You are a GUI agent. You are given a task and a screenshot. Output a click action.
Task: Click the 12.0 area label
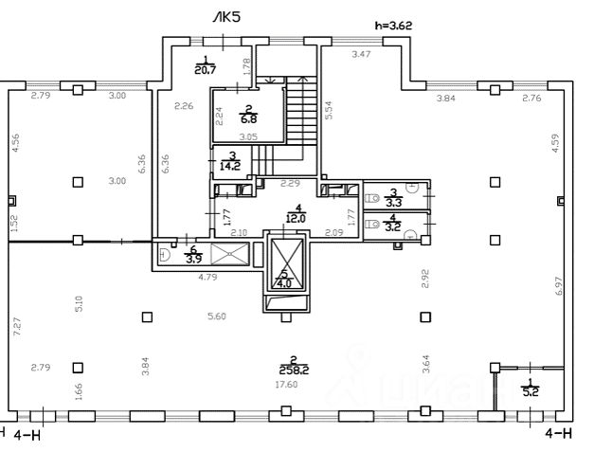pyautogui.click(x=297, y=216)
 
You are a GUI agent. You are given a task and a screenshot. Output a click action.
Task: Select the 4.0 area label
pyautogui.click(x=284, y=282)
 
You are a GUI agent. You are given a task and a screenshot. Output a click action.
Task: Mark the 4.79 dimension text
pyautogui.click(x=208, y=279)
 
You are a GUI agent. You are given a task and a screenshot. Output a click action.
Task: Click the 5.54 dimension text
pyautogui.click(x=328, y=111)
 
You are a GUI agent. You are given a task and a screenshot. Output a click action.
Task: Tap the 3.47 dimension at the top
pyautogui.click(x=361, y=56)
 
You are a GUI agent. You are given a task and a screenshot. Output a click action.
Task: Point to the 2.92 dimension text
pyautogui.click(x=425, y=279)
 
